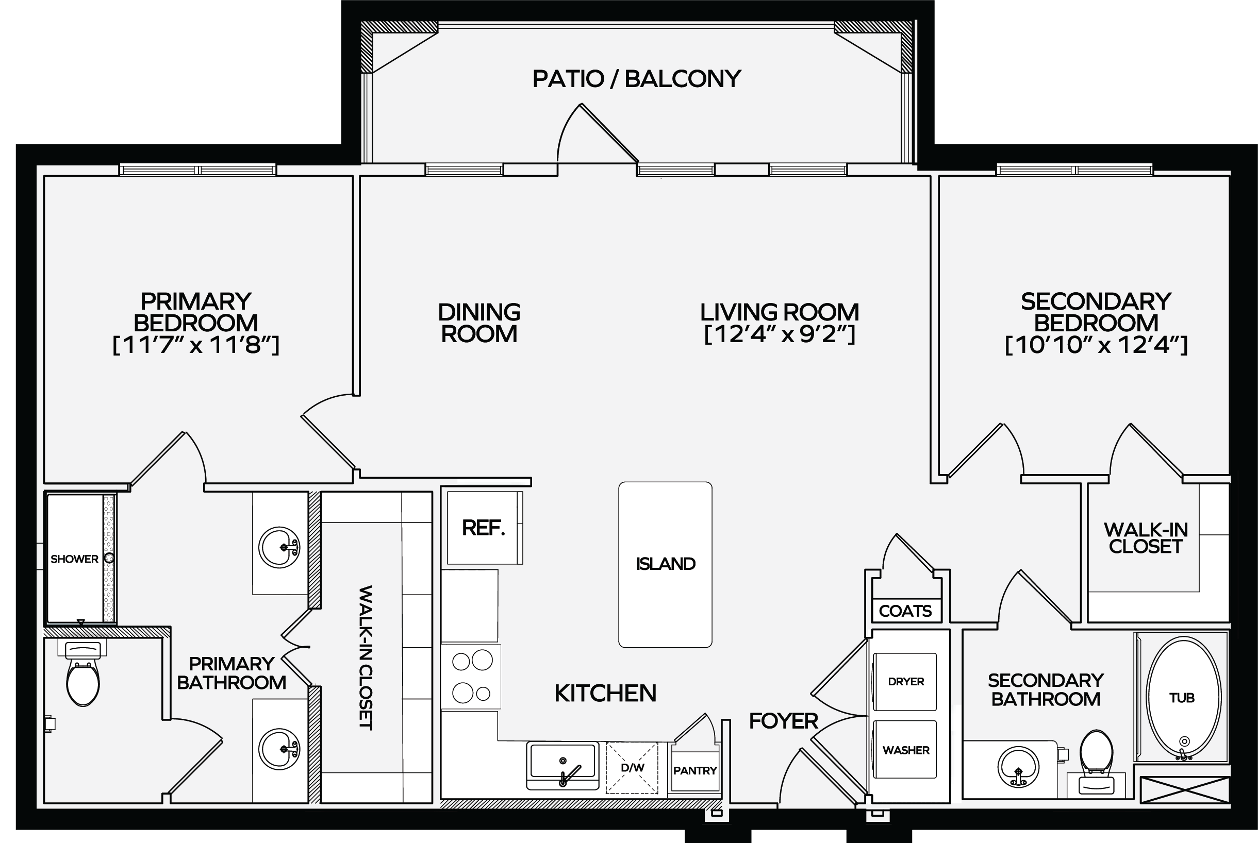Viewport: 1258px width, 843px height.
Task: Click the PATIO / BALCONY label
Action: [x=637, y=79]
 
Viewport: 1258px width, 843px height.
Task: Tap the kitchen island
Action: [x=665, y=565]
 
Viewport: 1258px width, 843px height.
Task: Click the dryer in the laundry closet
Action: [x=905, y=682]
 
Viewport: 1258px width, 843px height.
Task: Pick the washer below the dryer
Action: [x=905, y=749]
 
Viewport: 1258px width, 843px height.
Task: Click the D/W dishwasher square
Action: [x=632, y=768]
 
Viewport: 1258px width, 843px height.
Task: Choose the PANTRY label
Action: [x=695, y=770]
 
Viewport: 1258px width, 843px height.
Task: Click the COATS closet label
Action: [x=905, y=611]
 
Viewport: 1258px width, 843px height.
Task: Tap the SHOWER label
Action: [x=74, y=559]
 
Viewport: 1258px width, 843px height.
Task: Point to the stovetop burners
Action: [x=472, y=677]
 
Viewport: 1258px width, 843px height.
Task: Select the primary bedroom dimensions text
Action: [x=196, y=345]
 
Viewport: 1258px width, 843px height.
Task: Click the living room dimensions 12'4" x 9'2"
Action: [x=780, y=334]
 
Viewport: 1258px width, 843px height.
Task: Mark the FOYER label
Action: [x=784, y=721]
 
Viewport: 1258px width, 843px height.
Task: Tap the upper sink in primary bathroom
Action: [x=279, y=547]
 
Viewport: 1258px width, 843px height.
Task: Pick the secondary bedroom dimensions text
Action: [x=1096, y=345]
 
